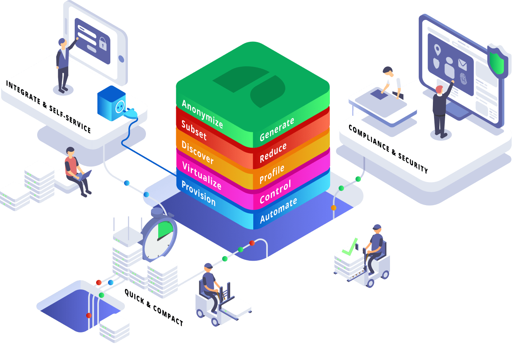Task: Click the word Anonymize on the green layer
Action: coord(202,113)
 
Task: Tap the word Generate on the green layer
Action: coord(277,129)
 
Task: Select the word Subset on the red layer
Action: coord(194,130)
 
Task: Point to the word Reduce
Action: coord(273,153)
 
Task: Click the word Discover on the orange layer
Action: coord(197,152)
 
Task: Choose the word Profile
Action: coord(272,174)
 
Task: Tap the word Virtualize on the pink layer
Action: coord(202,176)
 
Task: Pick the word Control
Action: coord(275,192)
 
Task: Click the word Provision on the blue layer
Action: coord(198,193)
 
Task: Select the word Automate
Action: coord(278,210)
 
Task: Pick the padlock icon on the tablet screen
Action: coord(103,43)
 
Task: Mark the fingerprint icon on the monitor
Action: coord(464,78)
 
